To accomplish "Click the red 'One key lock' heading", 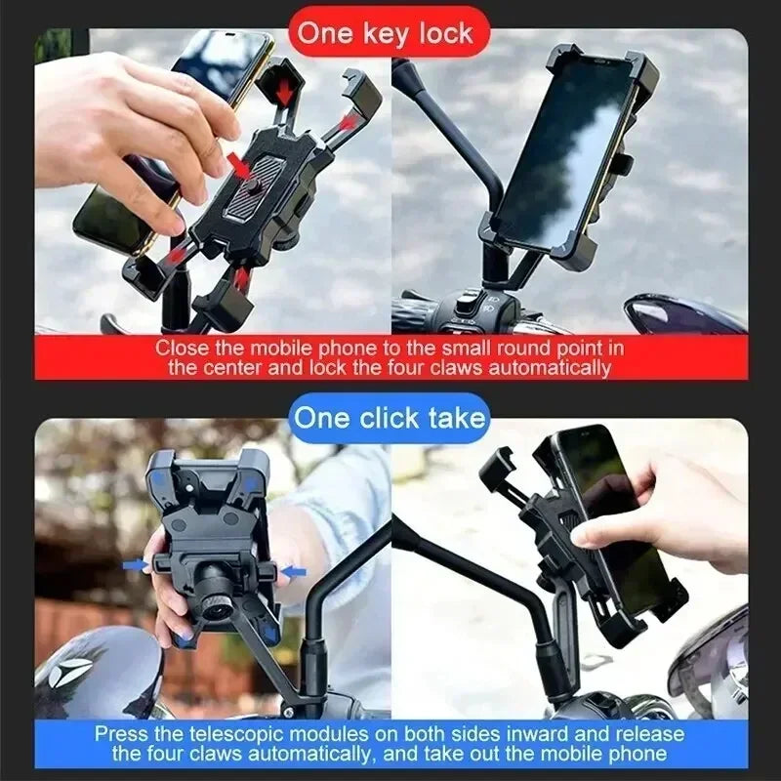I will (x=385, y=32).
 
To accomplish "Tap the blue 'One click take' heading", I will (x=390, y=418).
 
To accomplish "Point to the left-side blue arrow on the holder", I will (x=134, y=563).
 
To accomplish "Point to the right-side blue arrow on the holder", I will (x=295, y=570).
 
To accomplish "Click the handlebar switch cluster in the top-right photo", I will (x=459, y=310).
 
